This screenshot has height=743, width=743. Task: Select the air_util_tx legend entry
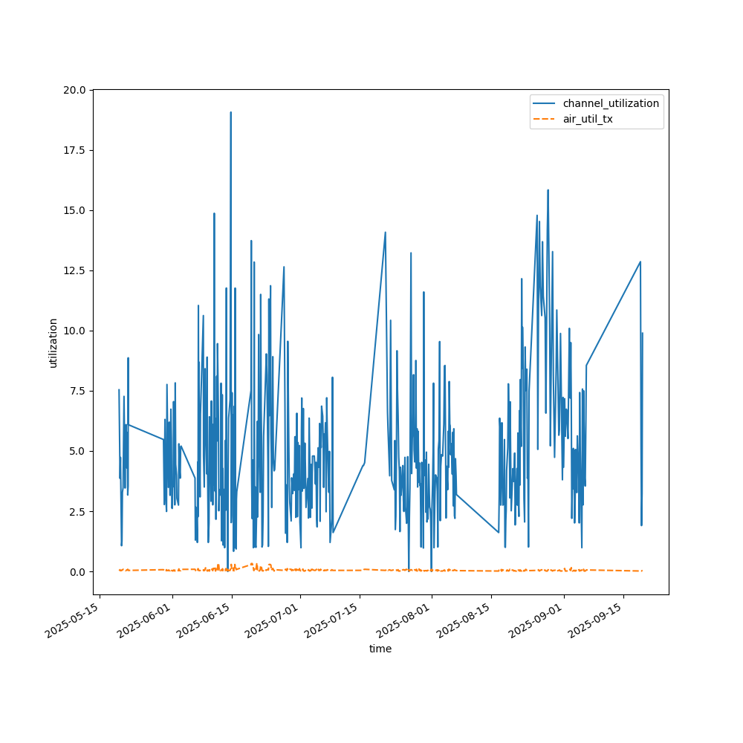[x=588, y=119]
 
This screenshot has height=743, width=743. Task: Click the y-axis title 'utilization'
[x=53, y=343]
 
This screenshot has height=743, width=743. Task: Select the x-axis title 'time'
[x=380, y=649]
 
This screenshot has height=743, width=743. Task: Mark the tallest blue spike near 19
[x=230, y=113]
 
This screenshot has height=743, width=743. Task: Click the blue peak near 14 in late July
[x=385, y=233]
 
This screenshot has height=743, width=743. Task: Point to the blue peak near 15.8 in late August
[x=548, y=190]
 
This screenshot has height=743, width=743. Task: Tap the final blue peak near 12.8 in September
[x=640, y=262]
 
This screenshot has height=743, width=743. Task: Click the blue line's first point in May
[x=119, y=390]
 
